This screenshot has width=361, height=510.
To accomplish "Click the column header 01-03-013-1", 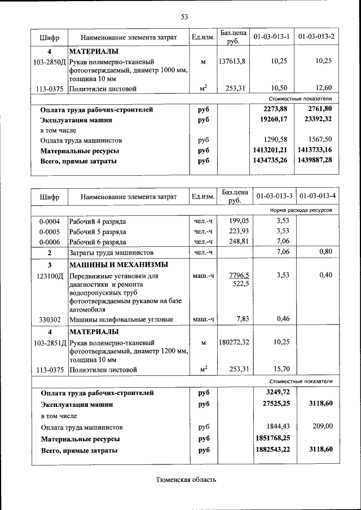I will pos(271,37).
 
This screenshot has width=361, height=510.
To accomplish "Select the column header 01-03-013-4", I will pos(318,196).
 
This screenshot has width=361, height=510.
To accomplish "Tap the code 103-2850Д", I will pos(50,61).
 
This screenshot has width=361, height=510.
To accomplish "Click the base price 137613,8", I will pos(232,61).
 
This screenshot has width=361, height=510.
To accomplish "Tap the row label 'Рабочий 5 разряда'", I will pos(97,231).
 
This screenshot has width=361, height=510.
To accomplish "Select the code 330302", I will pos(50,320).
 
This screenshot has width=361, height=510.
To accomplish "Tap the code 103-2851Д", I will pos(50,342).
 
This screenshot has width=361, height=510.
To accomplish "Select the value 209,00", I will pos(323,427).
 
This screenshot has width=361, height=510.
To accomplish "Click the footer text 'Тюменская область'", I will pos(186,480).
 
